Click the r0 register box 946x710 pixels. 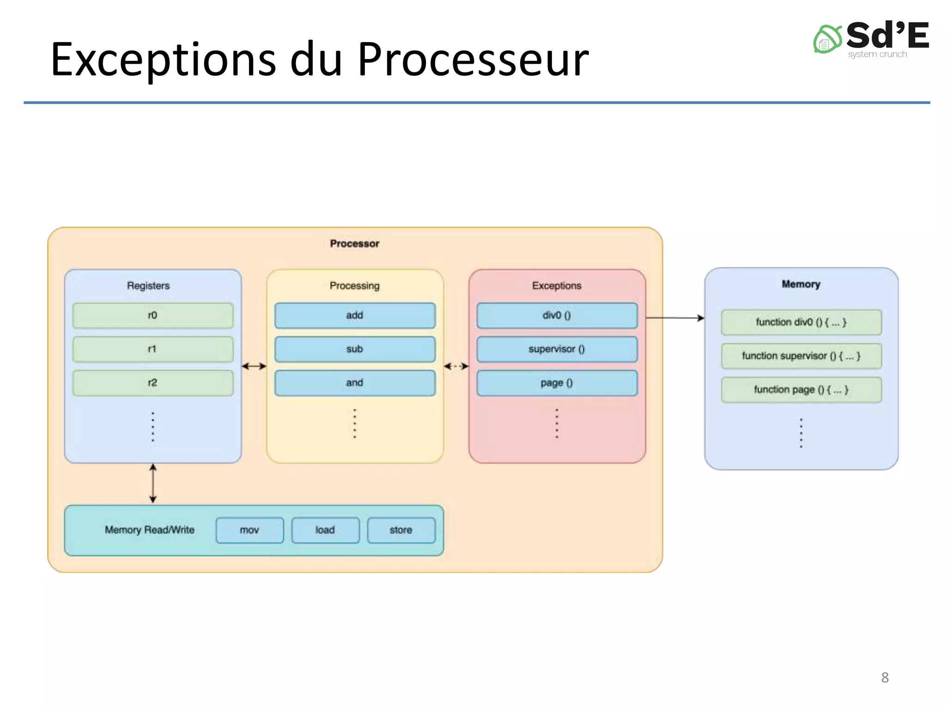pyautogui.click(x=153, y=316)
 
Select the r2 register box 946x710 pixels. pyautogui.click(x=153, y=383)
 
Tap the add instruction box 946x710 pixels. pyautogui.click(x=355, y=316)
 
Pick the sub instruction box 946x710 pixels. pyautogui.click(x=355, y=349)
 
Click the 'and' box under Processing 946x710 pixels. pyautogui.click(x=355, y=383)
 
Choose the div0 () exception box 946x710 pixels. pyautogui.click(x=557, y=316)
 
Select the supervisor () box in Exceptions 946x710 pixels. pyautogui.click(x=557, y=349)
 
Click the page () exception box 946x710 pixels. pyautogui.click(x=557, y=383)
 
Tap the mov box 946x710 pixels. pyautogui.click(x=249, y=530)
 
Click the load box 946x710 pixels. pyautogui.click(x=325, y=530)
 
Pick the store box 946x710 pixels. pyautogui.click(x=401, y=530)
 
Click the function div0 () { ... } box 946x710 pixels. pyautogui.click(x=801, y=322)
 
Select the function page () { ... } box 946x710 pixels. pyautogui.click(x=801, y=390)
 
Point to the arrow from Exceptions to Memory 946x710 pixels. pyautogui.click(x=674, y=318)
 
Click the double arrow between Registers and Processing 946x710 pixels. pyautogui.click(x=254, y=366)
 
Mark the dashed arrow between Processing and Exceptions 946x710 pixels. pyautogui.click(x=456, y=366)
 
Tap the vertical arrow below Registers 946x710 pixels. pyautogui.click(x=153, y=484)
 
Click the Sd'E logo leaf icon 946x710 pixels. pyautogui.click(x=827, y=40)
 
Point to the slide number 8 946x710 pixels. pyautogui.click(x=885, y=678)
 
